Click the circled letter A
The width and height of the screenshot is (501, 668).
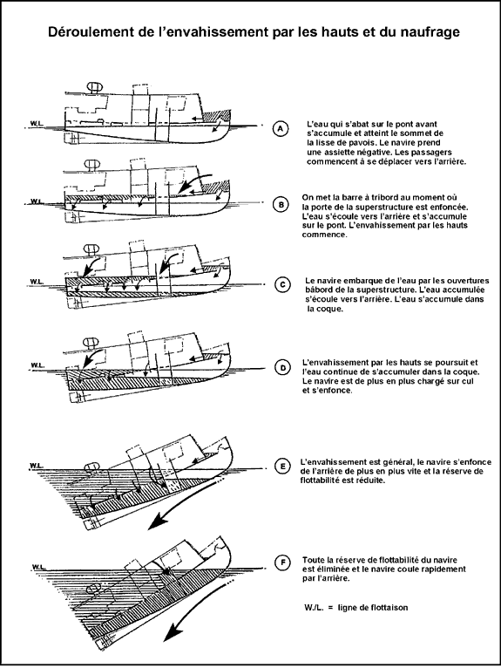coord(280,128)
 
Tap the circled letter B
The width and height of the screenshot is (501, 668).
coord(281,205)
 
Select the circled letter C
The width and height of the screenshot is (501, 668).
coord(282,284)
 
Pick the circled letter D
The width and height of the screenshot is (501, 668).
coord(282,367)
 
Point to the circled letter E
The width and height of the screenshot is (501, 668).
coord(282,467)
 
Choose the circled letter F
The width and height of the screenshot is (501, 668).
coord(282,563)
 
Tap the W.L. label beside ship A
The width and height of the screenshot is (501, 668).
coord(36,123)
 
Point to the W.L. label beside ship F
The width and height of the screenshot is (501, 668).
coord(38,567)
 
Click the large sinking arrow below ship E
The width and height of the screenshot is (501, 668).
coord(182,504)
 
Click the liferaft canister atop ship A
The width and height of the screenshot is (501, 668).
coord(93,86)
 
